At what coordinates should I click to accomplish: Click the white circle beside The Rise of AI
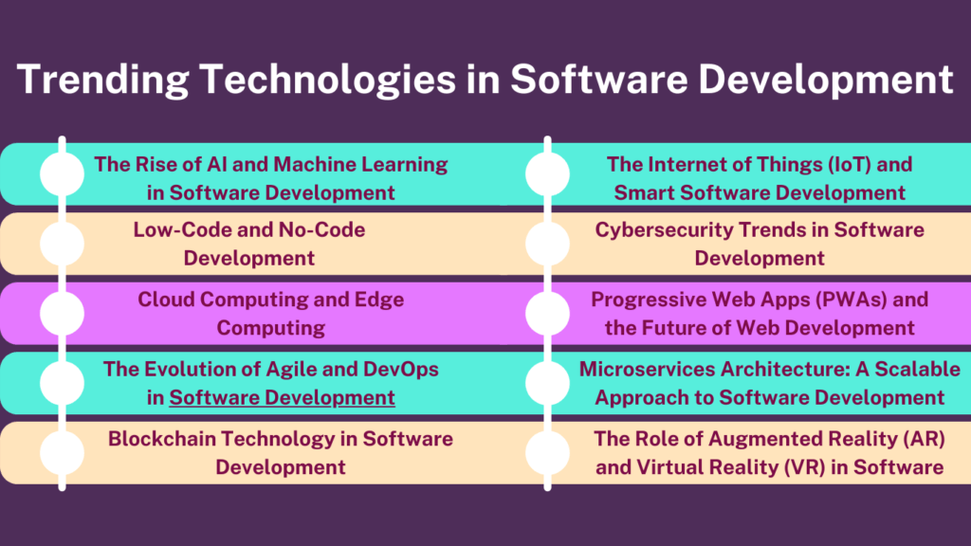pyautogui.click(x=63, y=174)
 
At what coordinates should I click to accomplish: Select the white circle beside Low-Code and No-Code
pyautogui.click(x=63, y=244)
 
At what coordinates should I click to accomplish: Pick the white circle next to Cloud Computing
pyautogui.click(x=63, y=314)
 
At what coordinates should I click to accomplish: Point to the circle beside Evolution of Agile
pyautogui.click(x=63, y=383)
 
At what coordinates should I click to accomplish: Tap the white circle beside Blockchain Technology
pyautogui.click(x=63, y=452)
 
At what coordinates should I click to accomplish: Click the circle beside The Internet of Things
pyautogui.click(x=547, y=174)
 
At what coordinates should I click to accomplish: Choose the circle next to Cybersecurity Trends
pyautogui.click(x=547, y=244)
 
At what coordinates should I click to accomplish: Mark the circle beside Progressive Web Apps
pyautogui.click(x=547, y=314)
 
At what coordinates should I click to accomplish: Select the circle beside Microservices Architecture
pyautogui.click(x=547, y=383)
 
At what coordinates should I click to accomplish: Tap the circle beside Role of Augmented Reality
pyautogui.click(x=547, y=452)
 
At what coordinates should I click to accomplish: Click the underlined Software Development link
pyautogui.click(x=282, y=397)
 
